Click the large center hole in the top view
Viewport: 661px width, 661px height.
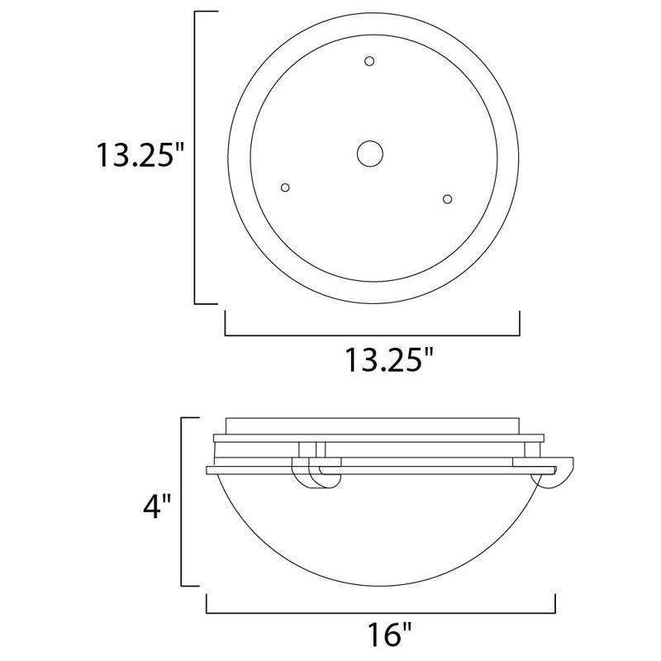(370, 153)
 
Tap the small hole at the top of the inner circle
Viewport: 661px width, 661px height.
(369, 60)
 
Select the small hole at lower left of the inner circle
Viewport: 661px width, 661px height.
(286, 188)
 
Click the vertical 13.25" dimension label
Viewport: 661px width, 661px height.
(136, 155)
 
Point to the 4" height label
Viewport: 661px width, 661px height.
(155, 505)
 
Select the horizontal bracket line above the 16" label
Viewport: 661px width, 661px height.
(380, 613)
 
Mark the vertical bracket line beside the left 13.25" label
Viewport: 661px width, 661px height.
(195, 157)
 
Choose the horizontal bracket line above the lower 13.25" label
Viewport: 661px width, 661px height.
(372, 335)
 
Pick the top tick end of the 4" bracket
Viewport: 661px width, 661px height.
(190, 418)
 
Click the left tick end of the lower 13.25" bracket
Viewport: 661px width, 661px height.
(226, 324)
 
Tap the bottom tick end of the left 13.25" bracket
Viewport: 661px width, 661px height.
(206, 304)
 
